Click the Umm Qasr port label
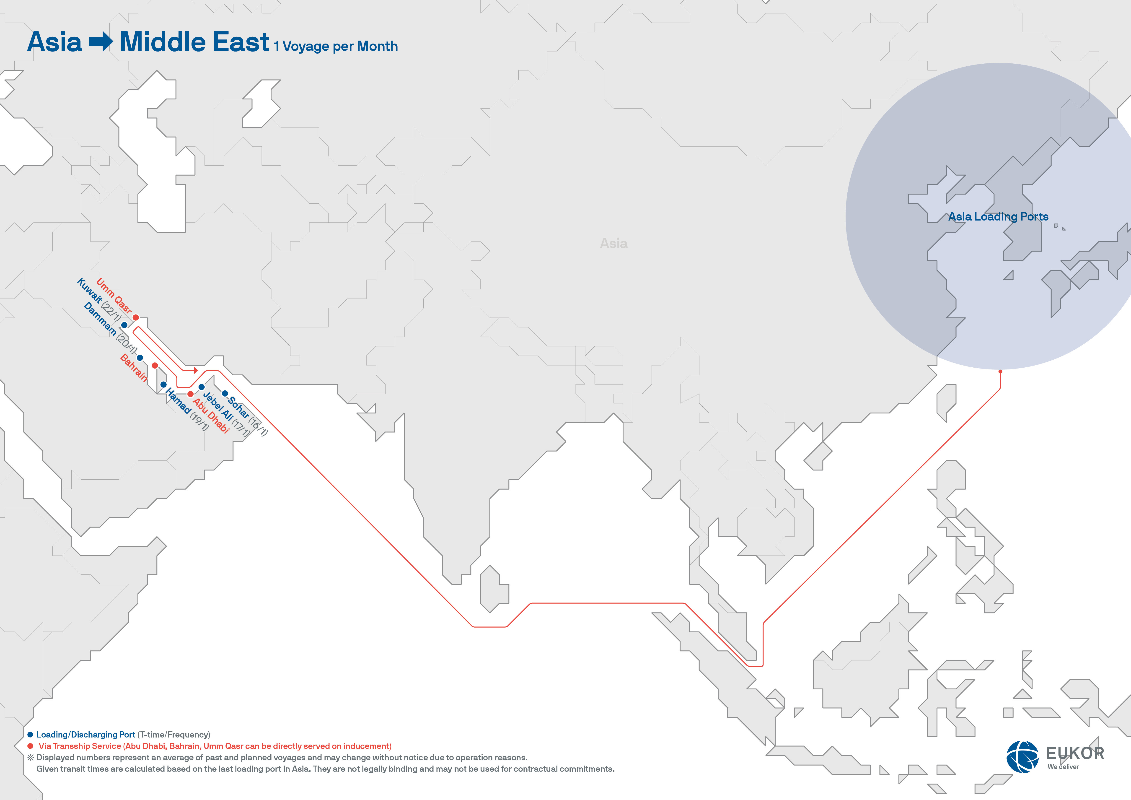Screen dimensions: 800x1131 click(114, 296)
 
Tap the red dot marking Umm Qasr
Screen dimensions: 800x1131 click(135, 317)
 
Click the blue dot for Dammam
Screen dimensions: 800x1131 click(140, 358)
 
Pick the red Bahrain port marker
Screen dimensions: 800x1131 click(155, 366)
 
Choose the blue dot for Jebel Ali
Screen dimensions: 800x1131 click(202, 387)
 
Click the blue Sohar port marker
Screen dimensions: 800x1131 click(225, 393)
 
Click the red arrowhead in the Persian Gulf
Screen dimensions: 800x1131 click(196, 370)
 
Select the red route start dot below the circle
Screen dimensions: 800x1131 click(1000, 371)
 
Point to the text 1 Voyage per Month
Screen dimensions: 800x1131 click(336, 46)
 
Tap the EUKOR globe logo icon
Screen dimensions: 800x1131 click(1022, 756)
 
